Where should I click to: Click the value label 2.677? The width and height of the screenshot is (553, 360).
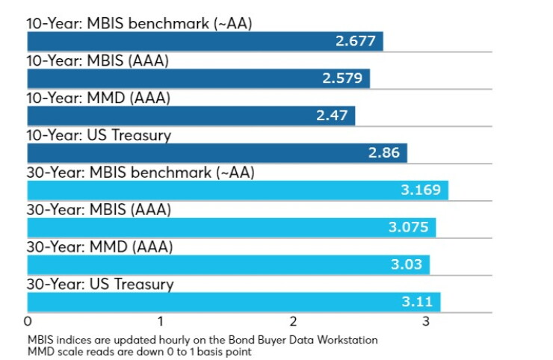(x=355, y=41)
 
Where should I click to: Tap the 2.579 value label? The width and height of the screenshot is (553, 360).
(x=342, y=78)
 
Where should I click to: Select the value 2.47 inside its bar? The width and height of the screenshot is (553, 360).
(x=332, y=116)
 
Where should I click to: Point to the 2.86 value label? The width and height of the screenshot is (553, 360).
(x=383, y=152)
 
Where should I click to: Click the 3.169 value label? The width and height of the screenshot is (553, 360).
(x=421, y=190)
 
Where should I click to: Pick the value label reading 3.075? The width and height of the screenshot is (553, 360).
(x=409, y=227)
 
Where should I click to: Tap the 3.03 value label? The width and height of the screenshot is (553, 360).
(x=407, y=264)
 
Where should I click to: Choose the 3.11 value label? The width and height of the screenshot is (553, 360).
(x=417, y=302)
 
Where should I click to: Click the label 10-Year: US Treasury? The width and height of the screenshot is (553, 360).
(x=99, y=135)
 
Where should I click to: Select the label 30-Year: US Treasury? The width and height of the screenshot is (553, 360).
(x=100, y=285)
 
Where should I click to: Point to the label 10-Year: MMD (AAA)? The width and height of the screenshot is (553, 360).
(x=99, y=98)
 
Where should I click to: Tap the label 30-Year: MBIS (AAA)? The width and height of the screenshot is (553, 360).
(x=99, y=210)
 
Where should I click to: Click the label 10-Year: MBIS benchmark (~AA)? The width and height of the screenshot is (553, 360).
(x=139, y=24)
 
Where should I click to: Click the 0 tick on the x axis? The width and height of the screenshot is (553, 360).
(x=28, y=322)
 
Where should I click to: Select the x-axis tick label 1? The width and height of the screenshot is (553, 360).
(x=161, y=322)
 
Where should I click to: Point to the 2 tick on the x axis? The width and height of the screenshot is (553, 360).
(x=293, y=322)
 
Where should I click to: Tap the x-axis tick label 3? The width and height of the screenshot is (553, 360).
(x=426, y=322)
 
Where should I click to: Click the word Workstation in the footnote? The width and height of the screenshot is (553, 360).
(x=347, y=340)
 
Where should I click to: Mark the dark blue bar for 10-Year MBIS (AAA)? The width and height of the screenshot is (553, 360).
(x=199, y=78)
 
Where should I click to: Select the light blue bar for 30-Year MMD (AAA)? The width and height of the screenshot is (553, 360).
(x=229, y=264)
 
